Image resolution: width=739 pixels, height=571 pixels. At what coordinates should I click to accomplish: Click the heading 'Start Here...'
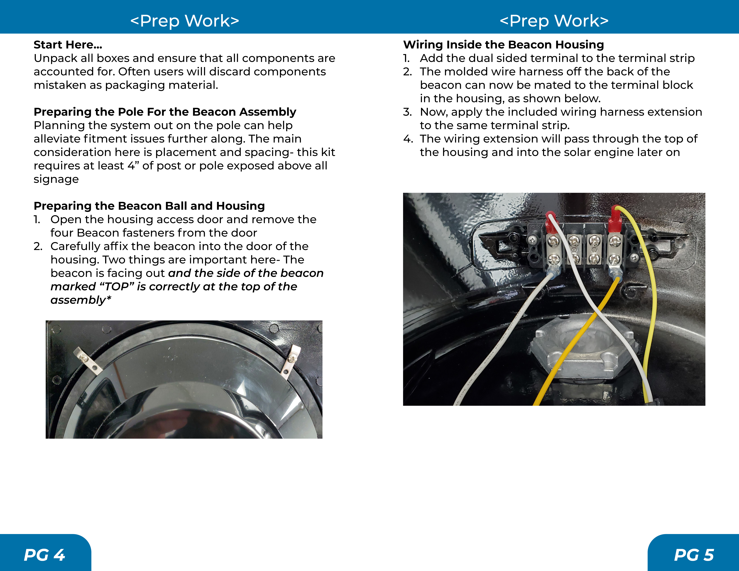[x=68, y=45]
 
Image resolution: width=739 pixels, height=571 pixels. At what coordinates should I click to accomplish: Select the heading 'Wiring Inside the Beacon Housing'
[x=503, y=45]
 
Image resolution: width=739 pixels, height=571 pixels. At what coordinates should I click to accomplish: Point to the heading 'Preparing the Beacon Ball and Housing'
[x=149, y=206]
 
